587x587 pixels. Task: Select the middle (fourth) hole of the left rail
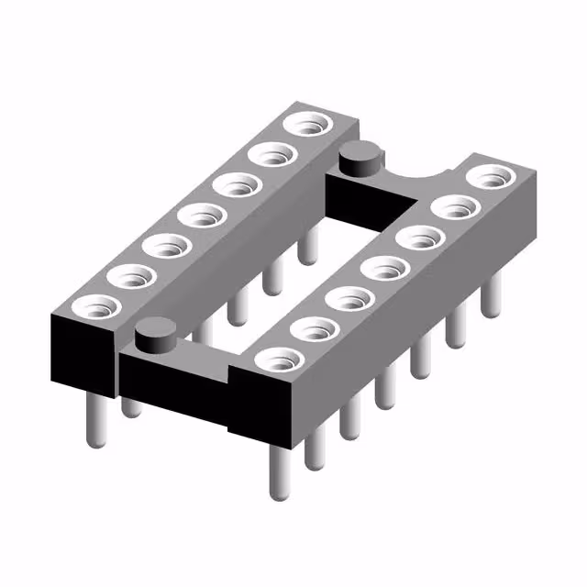(x=202, y=216)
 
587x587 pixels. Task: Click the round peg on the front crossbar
(x=157, y=334)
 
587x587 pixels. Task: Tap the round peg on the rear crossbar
(x=359, y=160)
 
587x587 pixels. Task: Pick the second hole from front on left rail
(x=128, y=275)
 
